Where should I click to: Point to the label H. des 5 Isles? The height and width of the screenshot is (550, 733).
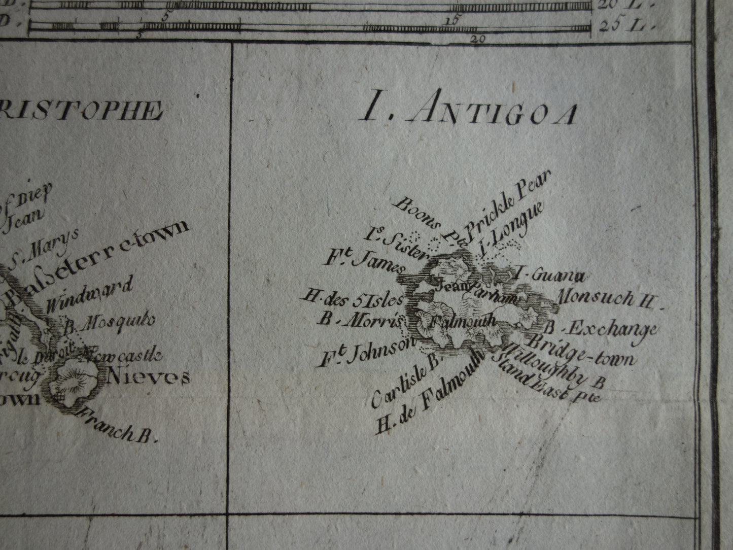[x=352, y=299]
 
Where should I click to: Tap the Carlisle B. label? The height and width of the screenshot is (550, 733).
[x=406, y=381]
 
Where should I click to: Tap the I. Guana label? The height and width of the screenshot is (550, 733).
[x=550, y=276]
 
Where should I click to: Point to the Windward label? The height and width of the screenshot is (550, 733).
[x=89, y=294]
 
